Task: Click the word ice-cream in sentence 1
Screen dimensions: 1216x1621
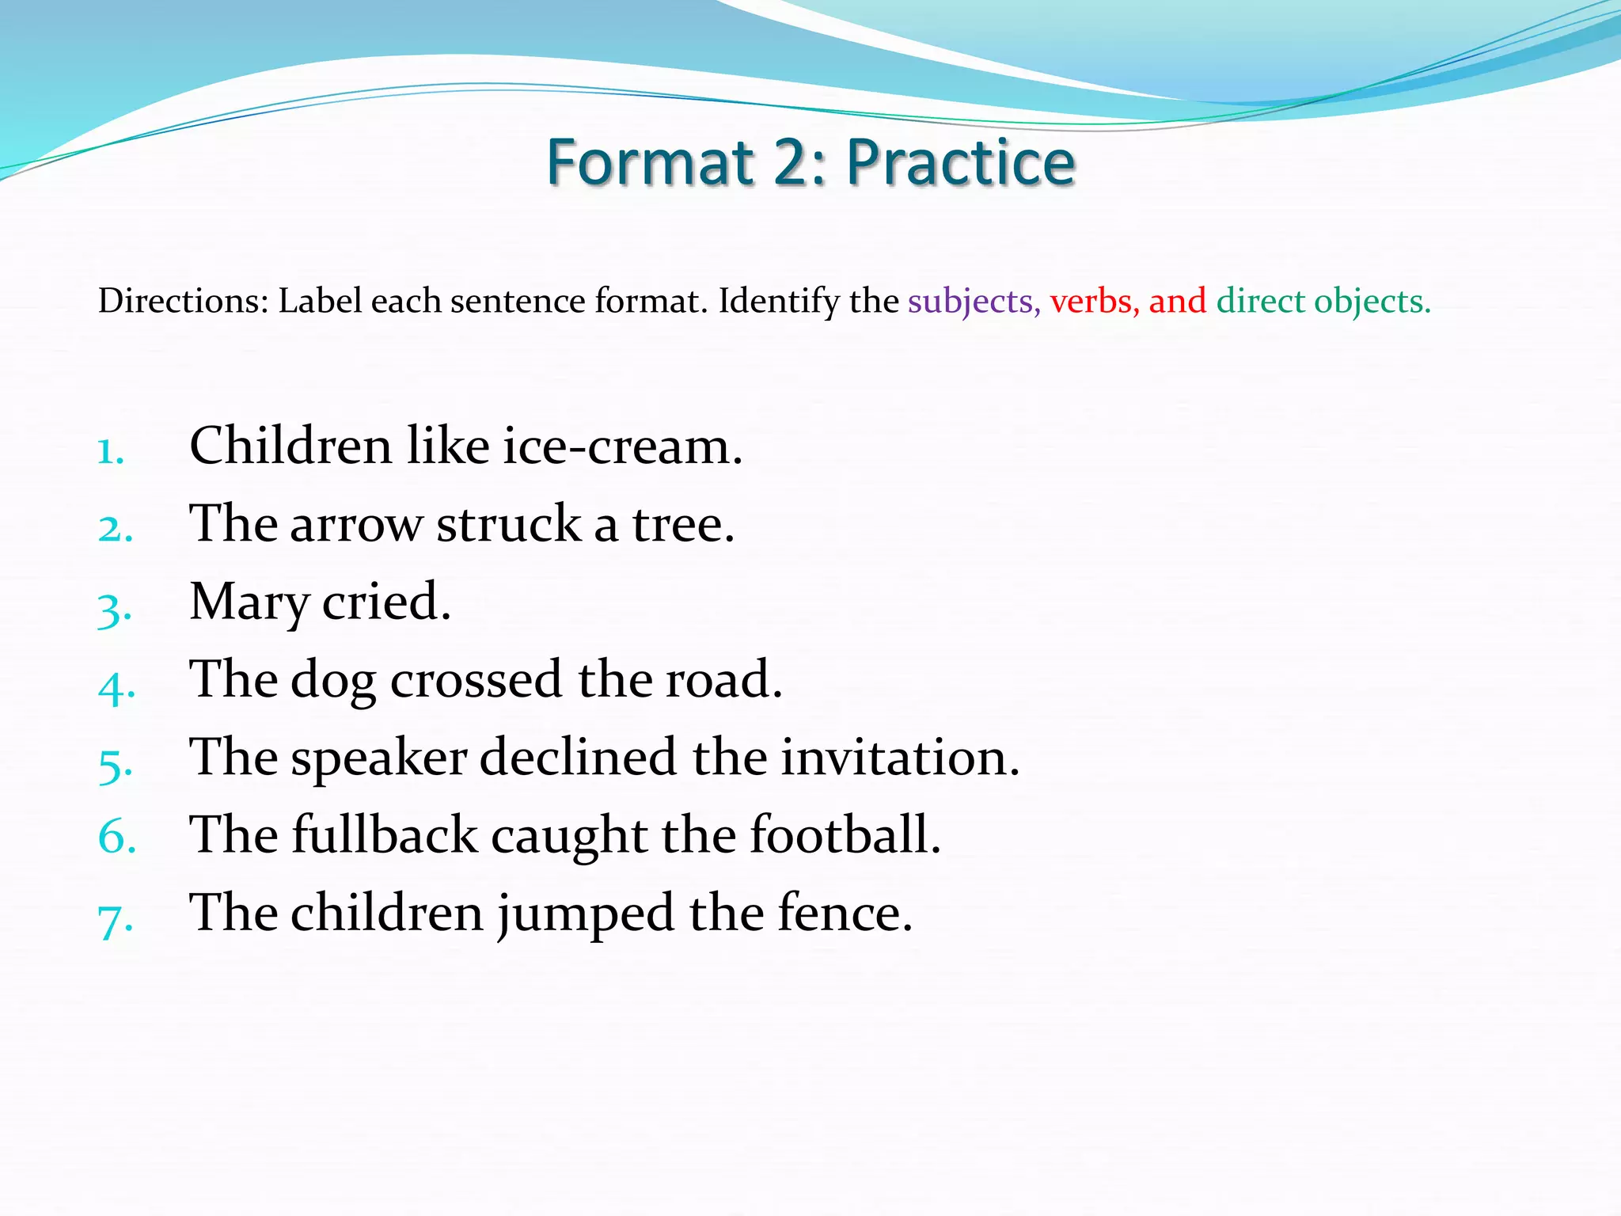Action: coord(622,446)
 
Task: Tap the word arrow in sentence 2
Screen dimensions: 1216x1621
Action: coord(356,525)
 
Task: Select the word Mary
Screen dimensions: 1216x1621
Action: coord(249,602)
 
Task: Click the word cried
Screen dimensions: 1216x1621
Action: coord(385,602)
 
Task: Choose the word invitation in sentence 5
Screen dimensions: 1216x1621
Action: coord(900,758)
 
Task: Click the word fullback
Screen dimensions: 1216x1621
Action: coord(385,835)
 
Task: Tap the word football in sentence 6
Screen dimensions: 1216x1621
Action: coord(845,835)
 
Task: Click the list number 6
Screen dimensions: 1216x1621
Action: coord(116,837)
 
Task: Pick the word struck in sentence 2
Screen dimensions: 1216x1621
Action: coord(509,524)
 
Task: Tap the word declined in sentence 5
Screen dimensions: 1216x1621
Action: coord(578,758)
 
